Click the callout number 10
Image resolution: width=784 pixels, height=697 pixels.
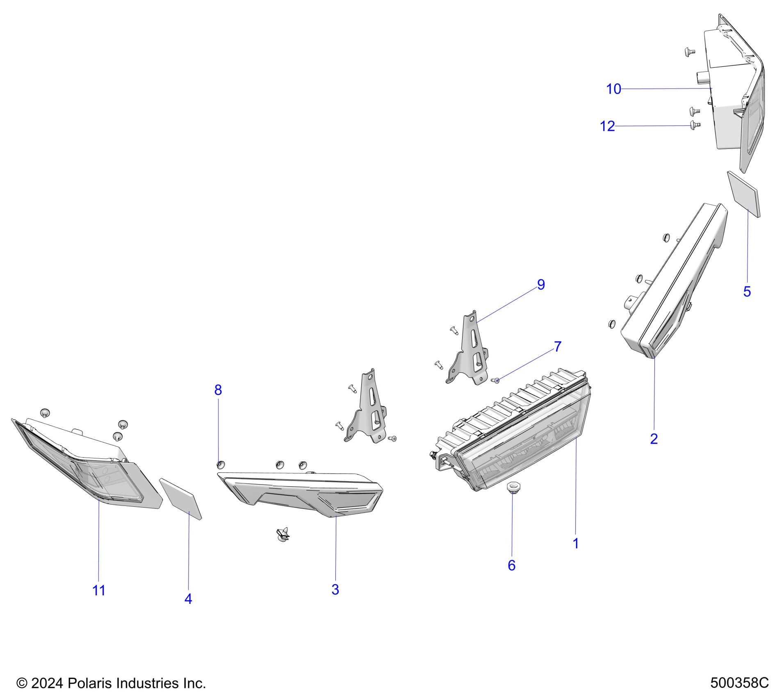pos(613,89)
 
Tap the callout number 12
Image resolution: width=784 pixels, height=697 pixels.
pos(607,126)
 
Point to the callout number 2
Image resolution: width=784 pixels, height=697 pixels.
pos(654,439)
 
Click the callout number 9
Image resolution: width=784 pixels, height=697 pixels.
pos(541,285)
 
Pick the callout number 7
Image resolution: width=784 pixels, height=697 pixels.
pos(557,346)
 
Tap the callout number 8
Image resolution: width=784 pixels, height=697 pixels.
pos(218,390)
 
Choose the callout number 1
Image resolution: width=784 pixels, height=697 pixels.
pos(575,543)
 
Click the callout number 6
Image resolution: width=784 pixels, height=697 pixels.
pos(511,565)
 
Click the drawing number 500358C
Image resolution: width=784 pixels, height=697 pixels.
pos(739,683)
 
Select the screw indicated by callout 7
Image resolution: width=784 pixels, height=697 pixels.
pos(495,381)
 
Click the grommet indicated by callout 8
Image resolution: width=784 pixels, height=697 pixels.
pos(220,465)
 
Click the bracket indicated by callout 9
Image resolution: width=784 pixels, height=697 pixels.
pos(469,353)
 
